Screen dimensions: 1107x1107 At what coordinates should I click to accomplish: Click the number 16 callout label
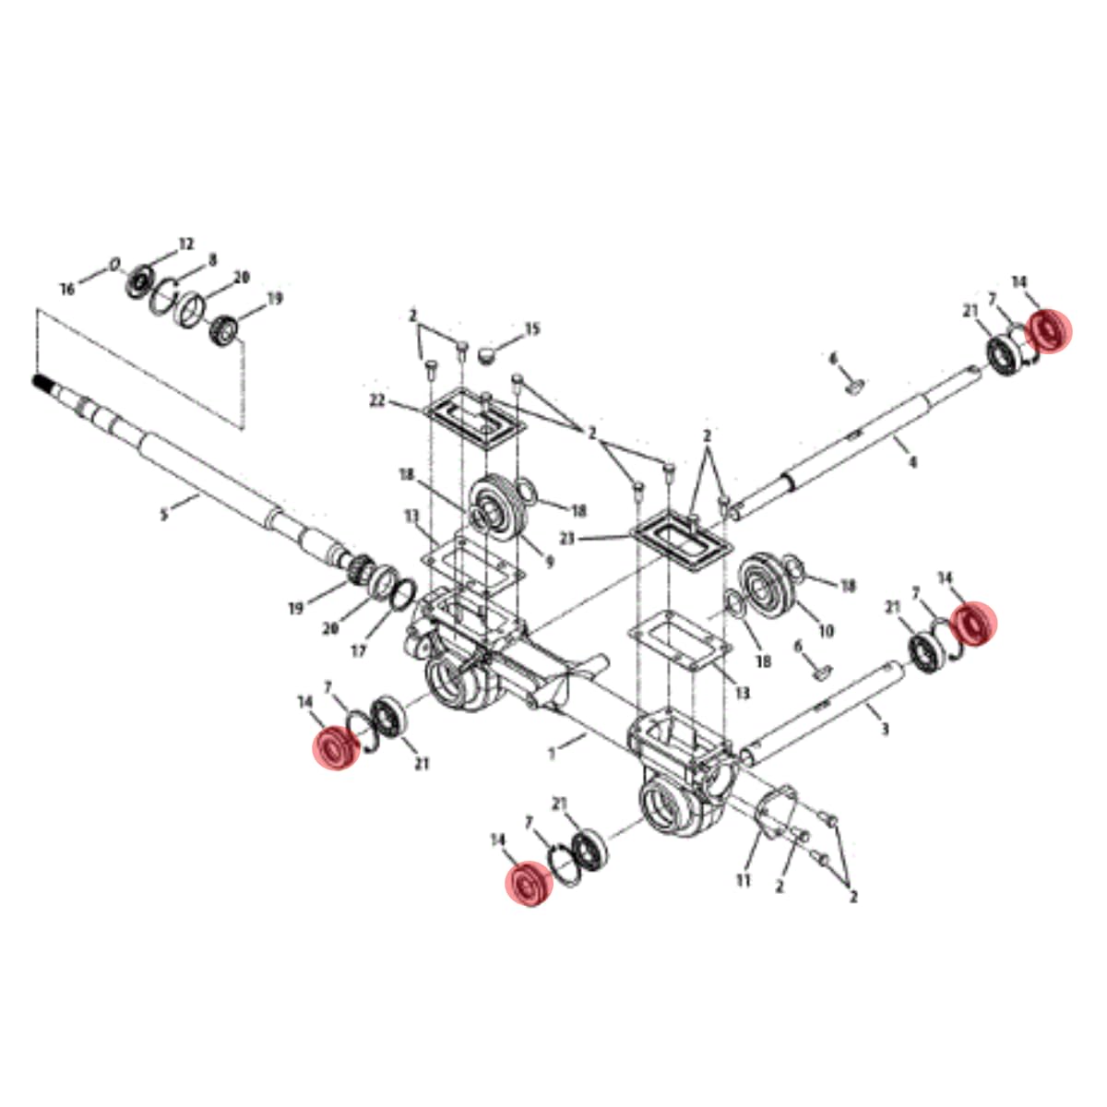pos(67,289)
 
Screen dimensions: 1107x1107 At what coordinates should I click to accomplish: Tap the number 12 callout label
pos(186,244)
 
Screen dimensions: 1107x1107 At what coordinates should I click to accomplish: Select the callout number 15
pos(532,329)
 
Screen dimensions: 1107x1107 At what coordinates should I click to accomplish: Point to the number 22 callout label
pos(377,401)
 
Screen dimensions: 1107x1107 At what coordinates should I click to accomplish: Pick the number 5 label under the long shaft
pos(164,514)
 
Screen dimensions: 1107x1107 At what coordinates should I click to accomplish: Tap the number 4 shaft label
pos(912,461)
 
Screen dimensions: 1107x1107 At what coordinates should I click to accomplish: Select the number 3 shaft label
pos(886,729)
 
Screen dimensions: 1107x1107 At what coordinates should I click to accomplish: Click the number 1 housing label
pos(552,754)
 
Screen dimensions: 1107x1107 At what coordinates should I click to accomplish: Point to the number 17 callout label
pos(359,652)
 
